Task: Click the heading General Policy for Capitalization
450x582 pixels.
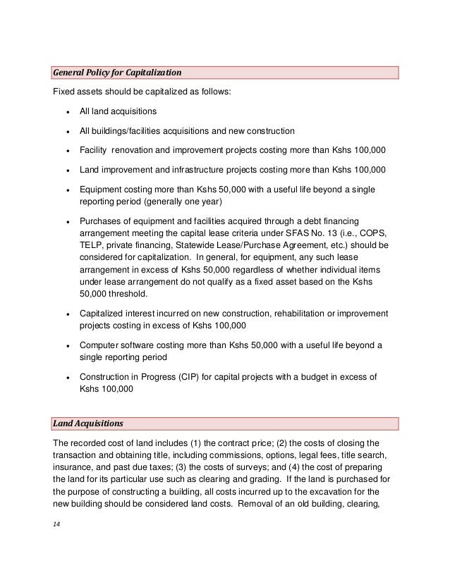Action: pos(118,73)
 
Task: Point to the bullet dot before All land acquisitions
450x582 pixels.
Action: pos(66,112)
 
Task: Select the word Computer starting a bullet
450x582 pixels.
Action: pos(100,345)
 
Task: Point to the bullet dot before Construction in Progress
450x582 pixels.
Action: pos(66,378)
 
